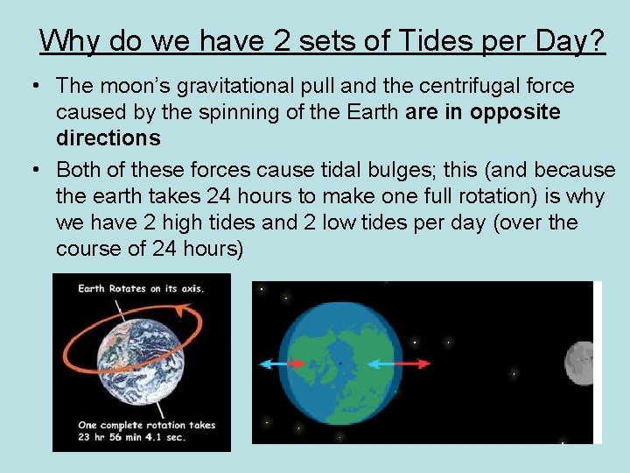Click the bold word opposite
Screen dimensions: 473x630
pyautogui.click(x=515, y=112)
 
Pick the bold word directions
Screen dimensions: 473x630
pyautogui.click(x=108, y=138)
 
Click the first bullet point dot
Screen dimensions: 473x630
pyautogui.click(x=32, y=86)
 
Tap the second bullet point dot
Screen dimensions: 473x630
pyautogui.click(x=32, y=170)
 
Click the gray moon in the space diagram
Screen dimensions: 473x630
pyautogui.click(x=580, y=362)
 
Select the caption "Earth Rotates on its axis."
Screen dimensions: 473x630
pyautogui.click(x=141, y=288)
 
